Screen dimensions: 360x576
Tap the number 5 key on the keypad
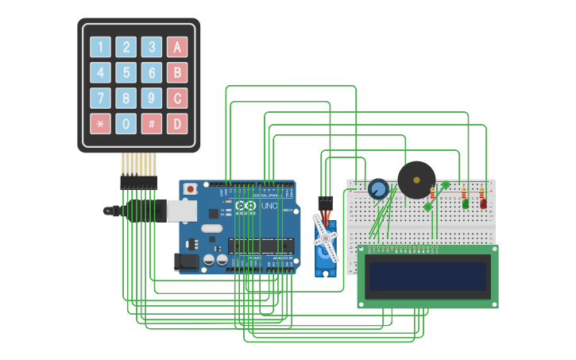coord(126,73)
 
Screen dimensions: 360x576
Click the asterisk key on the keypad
coord(101,123)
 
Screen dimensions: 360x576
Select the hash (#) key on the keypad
coord(152,123)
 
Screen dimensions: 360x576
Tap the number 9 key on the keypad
coord(152,99)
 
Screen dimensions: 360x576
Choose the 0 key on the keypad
coord(126,123)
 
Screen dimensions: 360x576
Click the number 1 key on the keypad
coord(101,47)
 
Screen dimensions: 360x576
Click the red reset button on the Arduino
coord(190,189)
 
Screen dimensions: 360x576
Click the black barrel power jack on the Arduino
coord(186,261)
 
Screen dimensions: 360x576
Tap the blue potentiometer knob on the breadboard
coord(378,189)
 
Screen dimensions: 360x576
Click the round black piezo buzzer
coord(416,180)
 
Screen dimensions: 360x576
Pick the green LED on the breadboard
coord(465,203)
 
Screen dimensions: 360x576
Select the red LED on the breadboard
coord(483,203)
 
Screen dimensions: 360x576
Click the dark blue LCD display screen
coord(427,277)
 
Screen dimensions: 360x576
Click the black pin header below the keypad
coord(138,183)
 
